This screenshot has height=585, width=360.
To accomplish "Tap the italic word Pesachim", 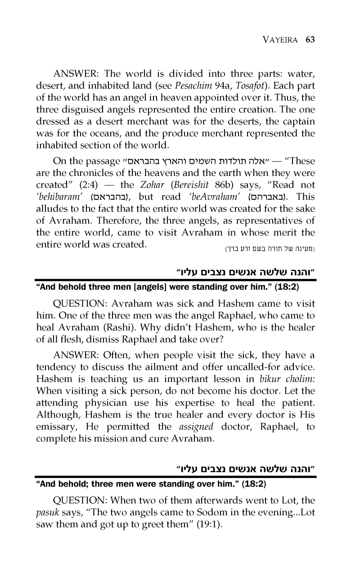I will click(x=226, y=85).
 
